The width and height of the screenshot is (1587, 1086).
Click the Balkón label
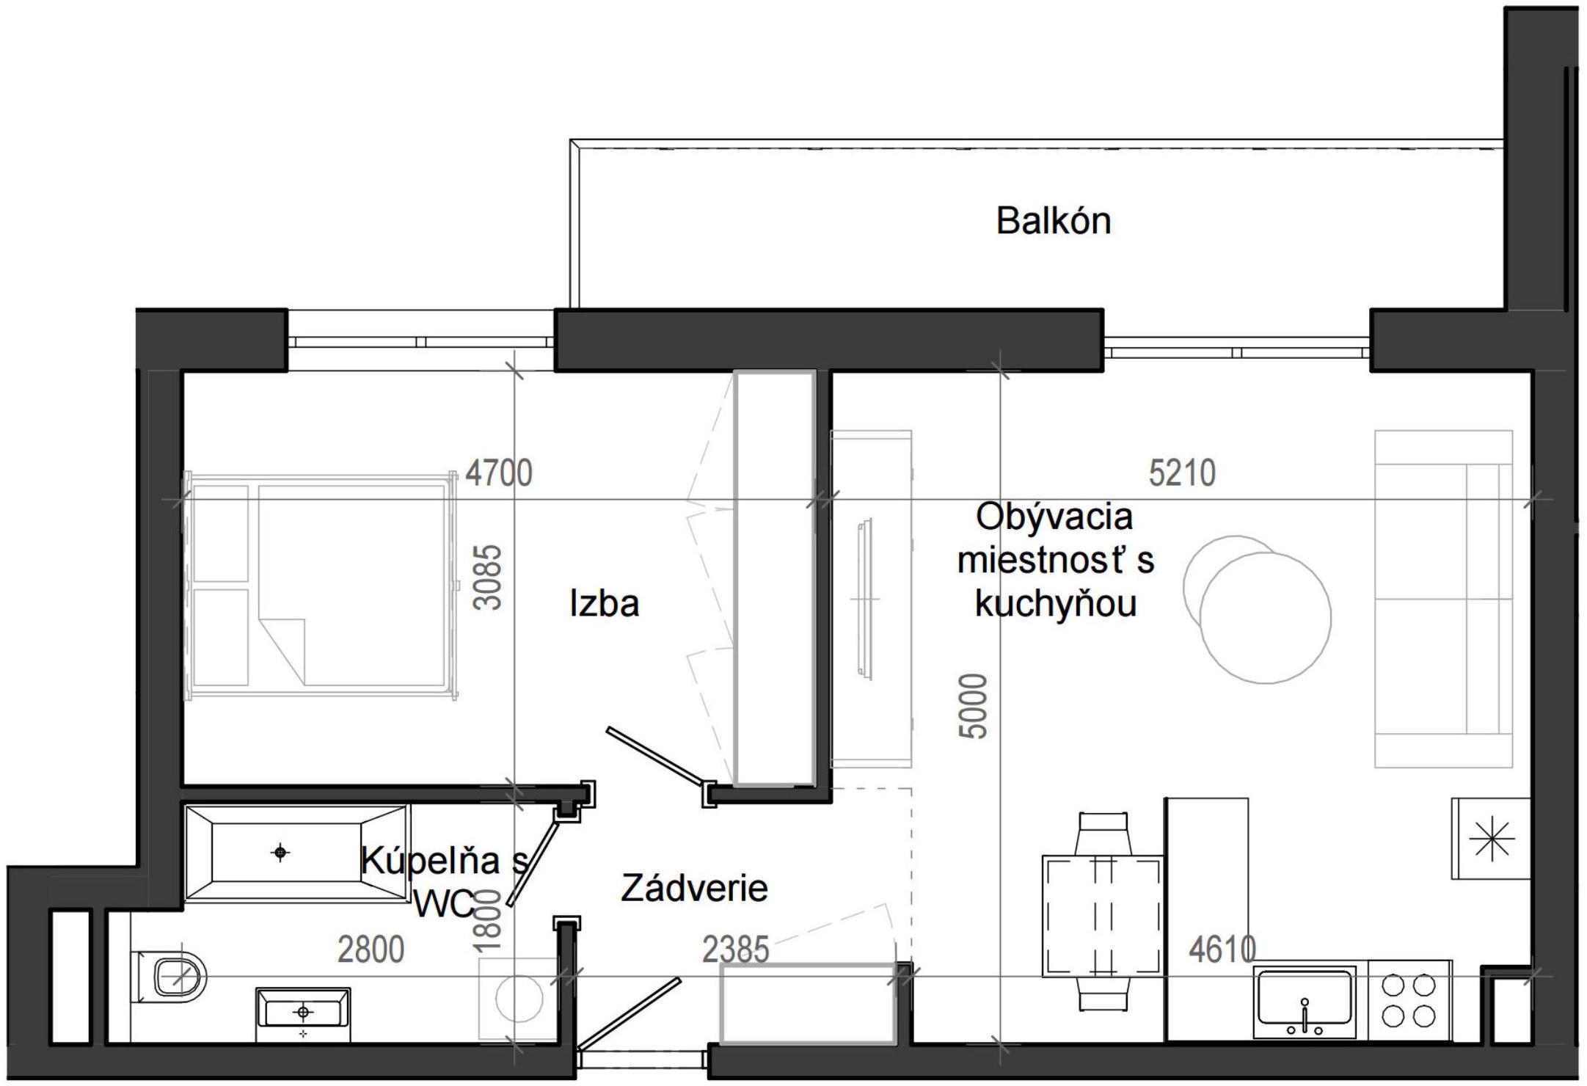point(1053,221)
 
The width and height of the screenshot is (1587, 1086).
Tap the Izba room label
point(604,604)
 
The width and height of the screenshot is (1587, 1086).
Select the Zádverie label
point(694,889)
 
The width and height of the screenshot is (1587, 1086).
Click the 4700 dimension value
point(499,473)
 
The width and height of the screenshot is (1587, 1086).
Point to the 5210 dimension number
point(1181,473)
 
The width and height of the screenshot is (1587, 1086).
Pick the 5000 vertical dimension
point(974,705)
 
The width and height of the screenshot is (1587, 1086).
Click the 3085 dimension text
point(488,577)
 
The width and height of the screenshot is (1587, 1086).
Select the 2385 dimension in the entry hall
point(735,950)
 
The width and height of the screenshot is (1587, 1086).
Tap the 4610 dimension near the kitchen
point(1222,950)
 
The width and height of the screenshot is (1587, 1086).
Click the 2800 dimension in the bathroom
point(371,950)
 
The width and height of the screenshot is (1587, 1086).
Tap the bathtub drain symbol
point(280,853)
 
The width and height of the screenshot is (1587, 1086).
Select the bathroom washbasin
point(303,1014)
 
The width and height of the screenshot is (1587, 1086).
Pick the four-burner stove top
point(1409,1000)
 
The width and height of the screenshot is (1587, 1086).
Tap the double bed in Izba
point(321,586)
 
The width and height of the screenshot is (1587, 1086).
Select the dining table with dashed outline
point(1103,915)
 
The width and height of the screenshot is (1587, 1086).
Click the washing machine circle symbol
point(519,998)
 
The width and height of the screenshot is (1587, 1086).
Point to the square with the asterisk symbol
point(1491,839)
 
